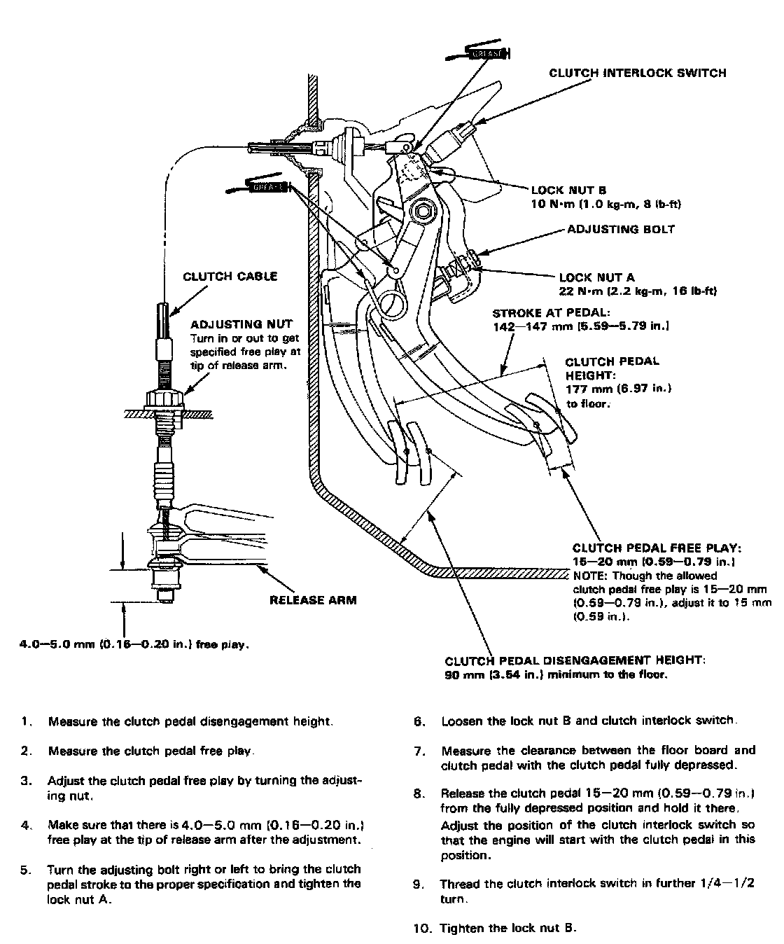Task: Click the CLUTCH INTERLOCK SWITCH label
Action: (x=637, y=73)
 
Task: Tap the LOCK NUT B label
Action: (x=568, y=190)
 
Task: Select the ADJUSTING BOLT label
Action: (x=621, y=229)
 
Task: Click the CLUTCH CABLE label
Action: (x=230, y=276)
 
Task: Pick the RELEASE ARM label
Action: (x=312, y=600)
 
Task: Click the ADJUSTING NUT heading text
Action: (x=232, y=326)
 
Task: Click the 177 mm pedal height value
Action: (x=586, y=389)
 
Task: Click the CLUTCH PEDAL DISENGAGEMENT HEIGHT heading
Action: (x=575, y=660)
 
